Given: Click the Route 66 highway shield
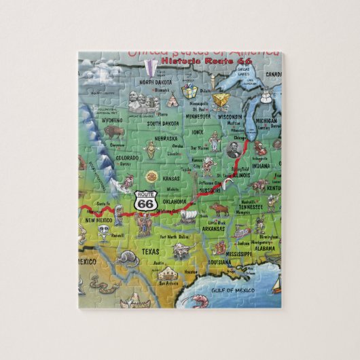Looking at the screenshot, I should [144, 200].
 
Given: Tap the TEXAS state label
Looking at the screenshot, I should [150, 251].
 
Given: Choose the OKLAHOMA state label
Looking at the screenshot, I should [175, 200].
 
